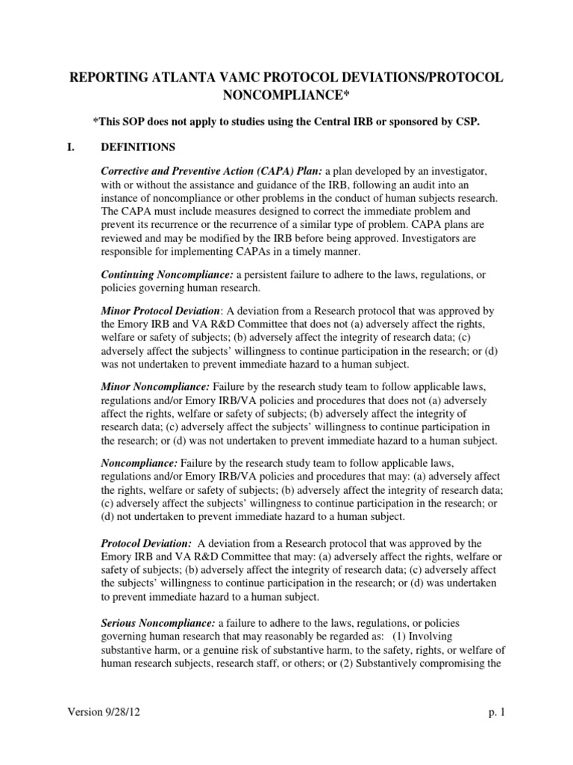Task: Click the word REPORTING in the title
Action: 111,78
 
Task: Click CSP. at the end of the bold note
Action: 466,122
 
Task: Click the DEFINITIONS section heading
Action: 138,146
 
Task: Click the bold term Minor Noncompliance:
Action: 155,387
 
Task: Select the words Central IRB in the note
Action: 351,122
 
